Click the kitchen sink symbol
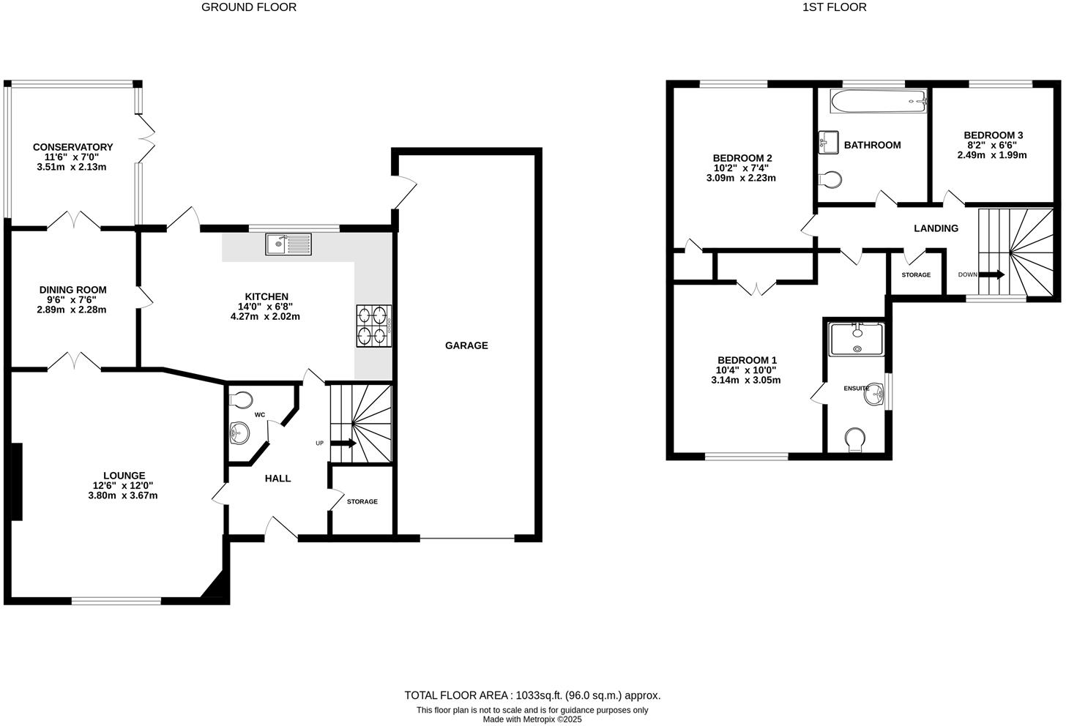[288, 244]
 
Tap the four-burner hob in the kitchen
[373, 326]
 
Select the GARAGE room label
[466, 345]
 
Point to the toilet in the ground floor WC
[240, 400]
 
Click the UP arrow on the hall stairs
[343, 444]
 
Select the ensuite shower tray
[857, 340]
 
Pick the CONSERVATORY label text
[72, 147]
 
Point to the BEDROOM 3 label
[993, 135]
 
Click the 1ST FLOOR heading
[834, 7]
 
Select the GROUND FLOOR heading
[249, 7]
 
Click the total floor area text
[532, 695]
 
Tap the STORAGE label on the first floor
[916, 275]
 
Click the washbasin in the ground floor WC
[239, 433]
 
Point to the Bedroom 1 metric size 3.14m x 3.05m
[746, 380]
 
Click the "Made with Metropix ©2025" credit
[532, 719]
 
